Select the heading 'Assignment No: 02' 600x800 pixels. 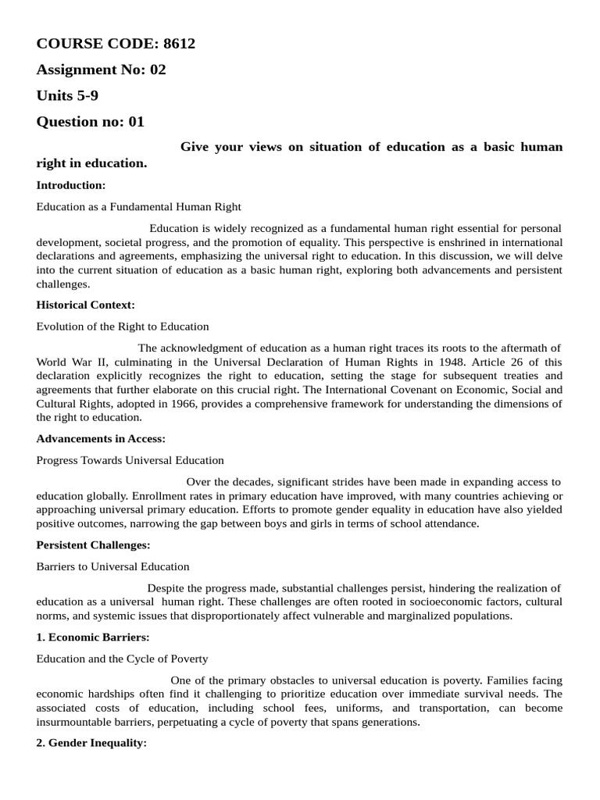click(101, 70)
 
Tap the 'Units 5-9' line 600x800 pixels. click(67, 96)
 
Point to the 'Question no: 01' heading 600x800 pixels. click(90, 122)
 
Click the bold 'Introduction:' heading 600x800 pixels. click(71, 185)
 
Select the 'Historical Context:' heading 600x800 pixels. click(86, 305)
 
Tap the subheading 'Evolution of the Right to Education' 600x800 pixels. click(123, 326)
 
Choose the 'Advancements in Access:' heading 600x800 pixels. click(101, 439)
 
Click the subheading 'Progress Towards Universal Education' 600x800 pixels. click(130, 460)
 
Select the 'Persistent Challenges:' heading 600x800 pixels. click(93, 545)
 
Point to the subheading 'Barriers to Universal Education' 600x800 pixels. click(112, 566)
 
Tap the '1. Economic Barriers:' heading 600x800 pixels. click(93, 637)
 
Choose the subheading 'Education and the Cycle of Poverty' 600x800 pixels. click(123, 659)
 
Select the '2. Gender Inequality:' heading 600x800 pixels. click(91, 744)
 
